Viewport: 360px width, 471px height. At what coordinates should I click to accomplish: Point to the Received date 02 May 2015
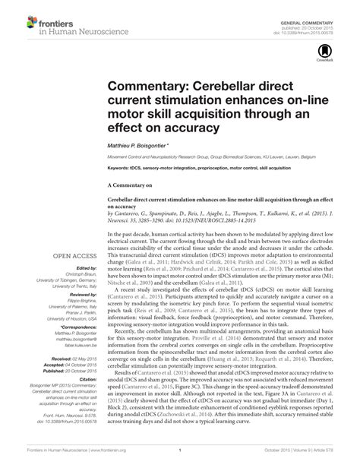69,357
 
